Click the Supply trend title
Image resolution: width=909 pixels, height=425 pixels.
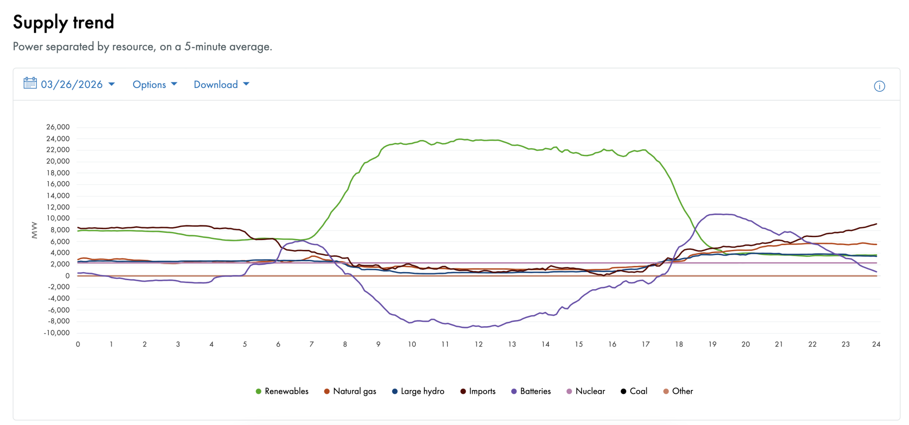click(x=63, y=22)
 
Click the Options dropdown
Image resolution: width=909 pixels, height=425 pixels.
click(x=154, y=85)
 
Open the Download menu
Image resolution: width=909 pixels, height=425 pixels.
click(x=221, y=85)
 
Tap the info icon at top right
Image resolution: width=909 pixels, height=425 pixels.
click(x=879, y=86)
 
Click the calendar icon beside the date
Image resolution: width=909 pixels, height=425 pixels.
click(x=30, y=84)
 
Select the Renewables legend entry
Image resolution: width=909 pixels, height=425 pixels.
click(x=282, y=391)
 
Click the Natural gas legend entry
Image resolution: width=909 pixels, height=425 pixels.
click(x=350, y=391)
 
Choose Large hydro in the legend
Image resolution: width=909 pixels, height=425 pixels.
click(x=418, y=391)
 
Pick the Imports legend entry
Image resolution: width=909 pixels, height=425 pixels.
click(x=478, y=391)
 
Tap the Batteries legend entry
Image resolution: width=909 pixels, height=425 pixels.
click(x=531, y=391)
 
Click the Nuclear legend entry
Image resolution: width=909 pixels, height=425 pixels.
click(x=586, y=391)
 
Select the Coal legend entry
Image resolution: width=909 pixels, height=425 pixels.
click(x=634, y=391)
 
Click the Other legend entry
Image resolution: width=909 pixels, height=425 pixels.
click(x=678, y=391)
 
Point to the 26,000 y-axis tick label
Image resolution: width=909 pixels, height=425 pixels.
click(x=58, y=127)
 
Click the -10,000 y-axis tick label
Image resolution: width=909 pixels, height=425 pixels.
click(x=57, y=333)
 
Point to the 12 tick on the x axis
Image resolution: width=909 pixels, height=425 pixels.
click(x=479, y=344)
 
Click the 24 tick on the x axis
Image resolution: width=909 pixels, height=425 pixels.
click(x=876, y=344)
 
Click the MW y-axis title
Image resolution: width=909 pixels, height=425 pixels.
click(x=34, y=230)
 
